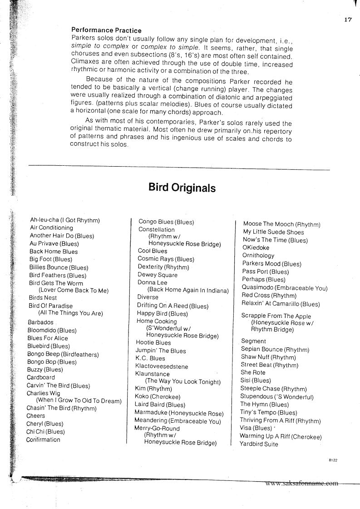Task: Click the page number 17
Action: click(348, 20)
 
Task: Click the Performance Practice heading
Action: click(107, 30)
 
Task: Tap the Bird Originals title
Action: click(182, 188)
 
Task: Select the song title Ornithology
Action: click(258, 256)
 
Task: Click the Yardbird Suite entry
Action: click(259, 444)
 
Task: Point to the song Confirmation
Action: click(43, 440)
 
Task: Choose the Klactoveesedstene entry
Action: click(162, 366)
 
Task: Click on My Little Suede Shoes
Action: click(273, 232)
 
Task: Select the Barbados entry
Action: click(40, 322)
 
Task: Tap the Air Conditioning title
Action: click(51, 227)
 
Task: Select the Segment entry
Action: click(254, 341)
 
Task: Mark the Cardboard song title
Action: click(41, 377)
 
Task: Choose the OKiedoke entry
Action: click(256, 247)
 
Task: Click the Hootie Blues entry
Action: click(153, 342)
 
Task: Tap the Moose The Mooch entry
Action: click(281, 224)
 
